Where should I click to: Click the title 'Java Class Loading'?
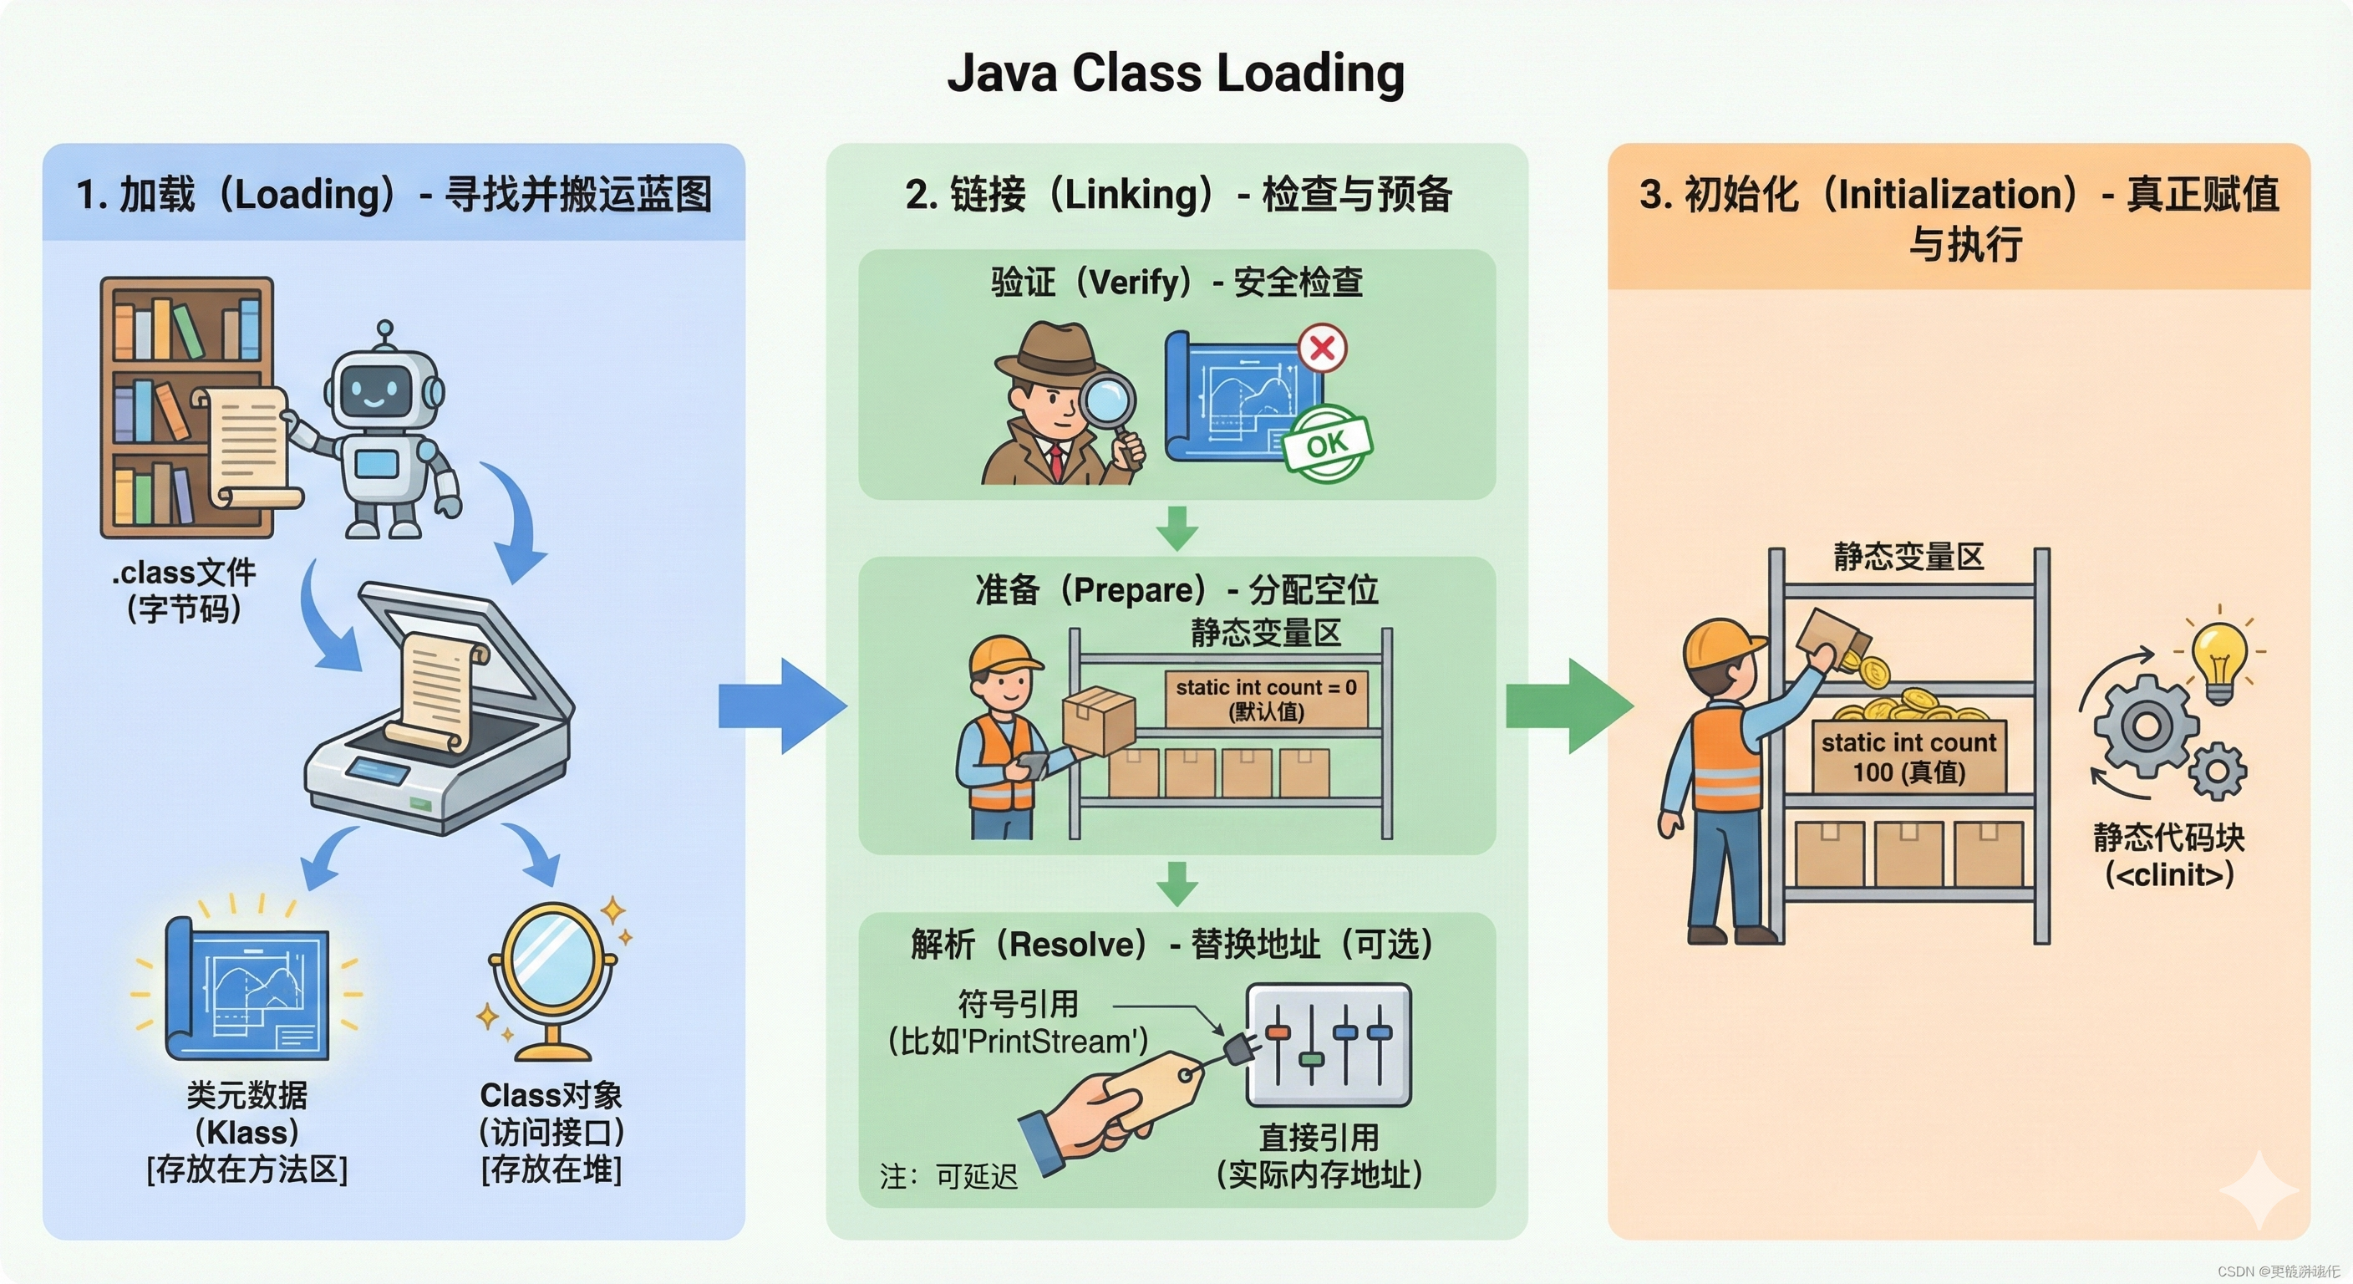[x=1176, y=73]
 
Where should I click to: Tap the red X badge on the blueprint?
[x=1322, y=349]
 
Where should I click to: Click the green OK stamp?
[x=1326, y=444]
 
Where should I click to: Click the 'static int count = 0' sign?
[x=1266, y=699]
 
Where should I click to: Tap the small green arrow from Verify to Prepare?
[x=1176, y=528]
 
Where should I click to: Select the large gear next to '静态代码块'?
[x=2147, y=726]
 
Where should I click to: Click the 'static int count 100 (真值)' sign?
[x=1909, y=757]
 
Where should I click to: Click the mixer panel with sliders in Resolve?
[x=1329, y=1045]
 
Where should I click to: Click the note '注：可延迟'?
[x=948, y=1176]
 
